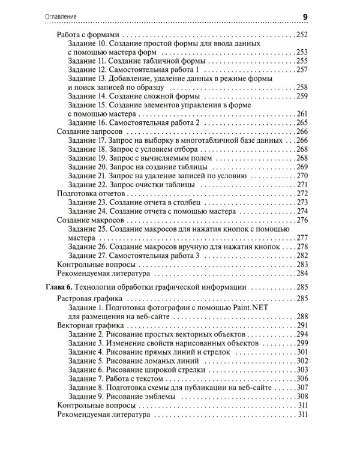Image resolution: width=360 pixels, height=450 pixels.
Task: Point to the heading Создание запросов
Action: coord(89,131)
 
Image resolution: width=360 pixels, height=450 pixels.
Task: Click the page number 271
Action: coord(301,184)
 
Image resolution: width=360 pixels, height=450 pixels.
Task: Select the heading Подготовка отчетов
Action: coord(91,193)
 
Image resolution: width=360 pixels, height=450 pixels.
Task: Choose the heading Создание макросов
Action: coord(89,220)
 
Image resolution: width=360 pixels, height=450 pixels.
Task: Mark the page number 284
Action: coord(301,274)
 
